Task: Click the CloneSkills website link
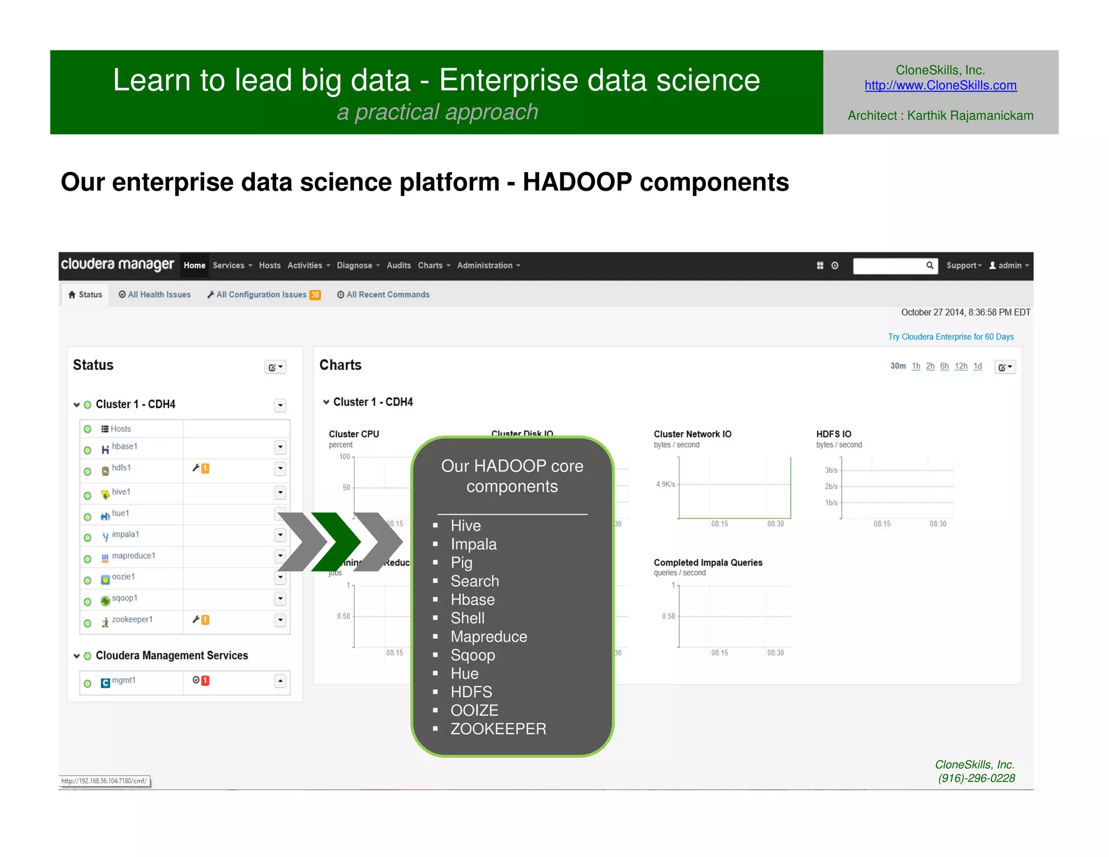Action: (940, 86)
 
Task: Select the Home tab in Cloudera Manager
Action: (194, 265)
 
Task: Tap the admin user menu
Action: (1009, 265)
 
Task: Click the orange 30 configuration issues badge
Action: (315, 295)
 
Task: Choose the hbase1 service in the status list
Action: (125, 446)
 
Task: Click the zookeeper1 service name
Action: (132, 619)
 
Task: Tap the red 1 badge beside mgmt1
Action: (205, 680)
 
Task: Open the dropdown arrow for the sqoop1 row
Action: (280, 599)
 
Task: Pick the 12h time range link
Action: (961, 366)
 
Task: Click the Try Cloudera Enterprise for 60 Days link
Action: (950, 337)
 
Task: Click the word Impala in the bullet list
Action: (473, 544)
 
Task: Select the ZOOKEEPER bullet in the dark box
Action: (498, 729)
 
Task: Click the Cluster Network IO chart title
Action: (692, 434)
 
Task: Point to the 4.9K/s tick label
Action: (665, 484)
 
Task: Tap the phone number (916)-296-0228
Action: (976, 778)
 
